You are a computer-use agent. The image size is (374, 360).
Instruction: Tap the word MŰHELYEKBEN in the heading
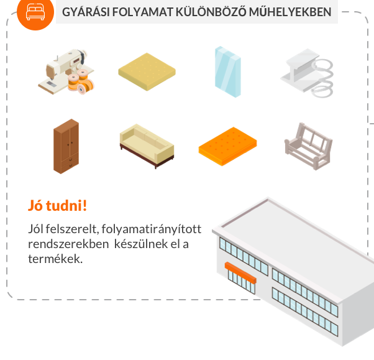[x=290, y=12]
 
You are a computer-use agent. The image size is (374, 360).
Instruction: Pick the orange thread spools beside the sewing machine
[x=81, y=81]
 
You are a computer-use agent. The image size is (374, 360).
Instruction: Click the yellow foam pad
[x=147, y=72]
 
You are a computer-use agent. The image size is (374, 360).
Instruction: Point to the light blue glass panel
[x=228, y=72]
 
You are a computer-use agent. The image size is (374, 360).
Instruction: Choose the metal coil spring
[x=322, y=78]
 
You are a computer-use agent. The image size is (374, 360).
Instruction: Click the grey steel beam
[x=299, y=71]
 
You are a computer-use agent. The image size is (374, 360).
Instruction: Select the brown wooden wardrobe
[x=66, y=146]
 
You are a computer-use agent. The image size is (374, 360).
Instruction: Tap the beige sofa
[x=147, y=145]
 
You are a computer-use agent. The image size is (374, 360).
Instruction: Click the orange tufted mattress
[x=227, y=146]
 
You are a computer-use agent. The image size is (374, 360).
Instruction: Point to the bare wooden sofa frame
[x=308, y=146]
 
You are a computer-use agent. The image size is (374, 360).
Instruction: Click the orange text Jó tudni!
[x=58, y=206]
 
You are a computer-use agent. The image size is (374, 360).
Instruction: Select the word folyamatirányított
[x=152, y=229]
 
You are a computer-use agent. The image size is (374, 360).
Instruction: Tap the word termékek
[x=55, y=259]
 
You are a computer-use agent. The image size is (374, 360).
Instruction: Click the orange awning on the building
[x=240, y=272]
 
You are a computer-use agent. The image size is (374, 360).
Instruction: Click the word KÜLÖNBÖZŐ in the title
[x=211, y=12]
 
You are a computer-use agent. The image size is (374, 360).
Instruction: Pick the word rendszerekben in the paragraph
[x=68, y=244]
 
